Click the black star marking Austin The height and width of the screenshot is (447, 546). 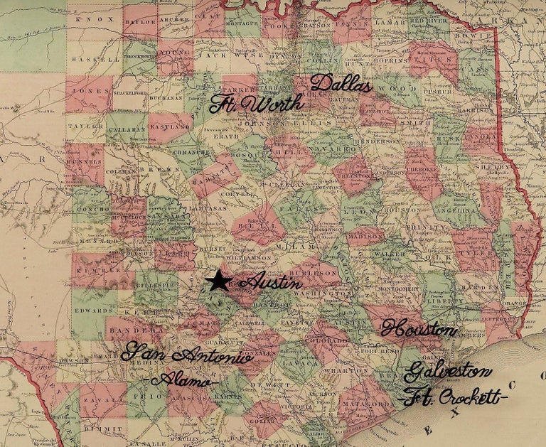click(x=218, y=281)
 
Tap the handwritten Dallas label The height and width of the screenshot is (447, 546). click(x=341, y=84)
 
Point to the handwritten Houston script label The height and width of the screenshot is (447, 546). click(x=418, y=329)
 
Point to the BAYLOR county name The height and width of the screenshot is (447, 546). click(x=140, y=21)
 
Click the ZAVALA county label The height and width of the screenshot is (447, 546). click(x=95, y=402)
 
